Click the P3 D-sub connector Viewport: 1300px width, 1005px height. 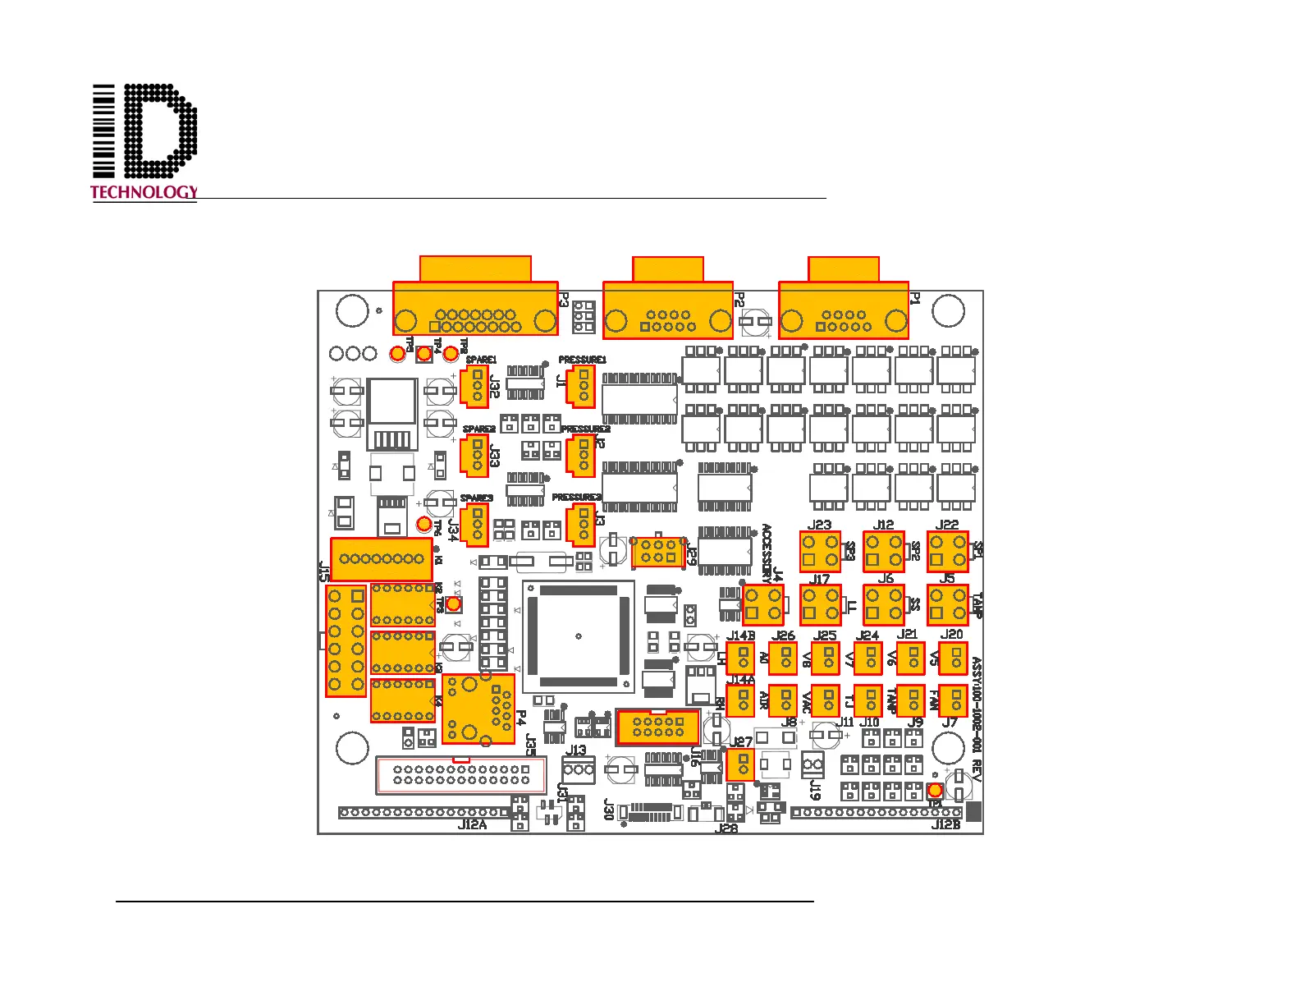click(475, 308)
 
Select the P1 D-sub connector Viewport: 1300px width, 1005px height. click(844, 310)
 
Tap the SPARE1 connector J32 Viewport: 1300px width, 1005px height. click(474, 386)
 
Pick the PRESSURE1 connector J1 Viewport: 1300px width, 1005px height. click(581, 384)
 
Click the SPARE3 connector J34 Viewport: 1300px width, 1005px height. click(474, 525)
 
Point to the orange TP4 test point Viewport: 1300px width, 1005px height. click(424, 354)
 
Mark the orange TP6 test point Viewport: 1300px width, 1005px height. click(424, 524)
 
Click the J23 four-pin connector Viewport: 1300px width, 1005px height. click(820, 551)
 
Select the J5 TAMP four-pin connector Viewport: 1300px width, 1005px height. click(947, 605)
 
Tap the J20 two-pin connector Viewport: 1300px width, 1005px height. click(953, 658)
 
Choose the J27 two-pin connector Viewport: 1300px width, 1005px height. click(740, 764)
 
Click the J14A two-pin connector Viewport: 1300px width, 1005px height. click(740, 700)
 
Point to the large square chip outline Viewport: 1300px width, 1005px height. click(579, 636)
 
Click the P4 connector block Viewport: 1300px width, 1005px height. click(478, 709)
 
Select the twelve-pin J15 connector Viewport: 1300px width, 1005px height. click(346, 640)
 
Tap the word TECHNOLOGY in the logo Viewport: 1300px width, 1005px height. click(144, 192)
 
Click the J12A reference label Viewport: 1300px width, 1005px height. click(472, 824)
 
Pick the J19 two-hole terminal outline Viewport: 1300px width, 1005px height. click(812, 764)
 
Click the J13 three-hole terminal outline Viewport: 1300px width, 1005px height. click(579, 769)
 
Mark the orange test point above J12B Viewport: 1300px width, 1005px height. click(934, 789)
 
